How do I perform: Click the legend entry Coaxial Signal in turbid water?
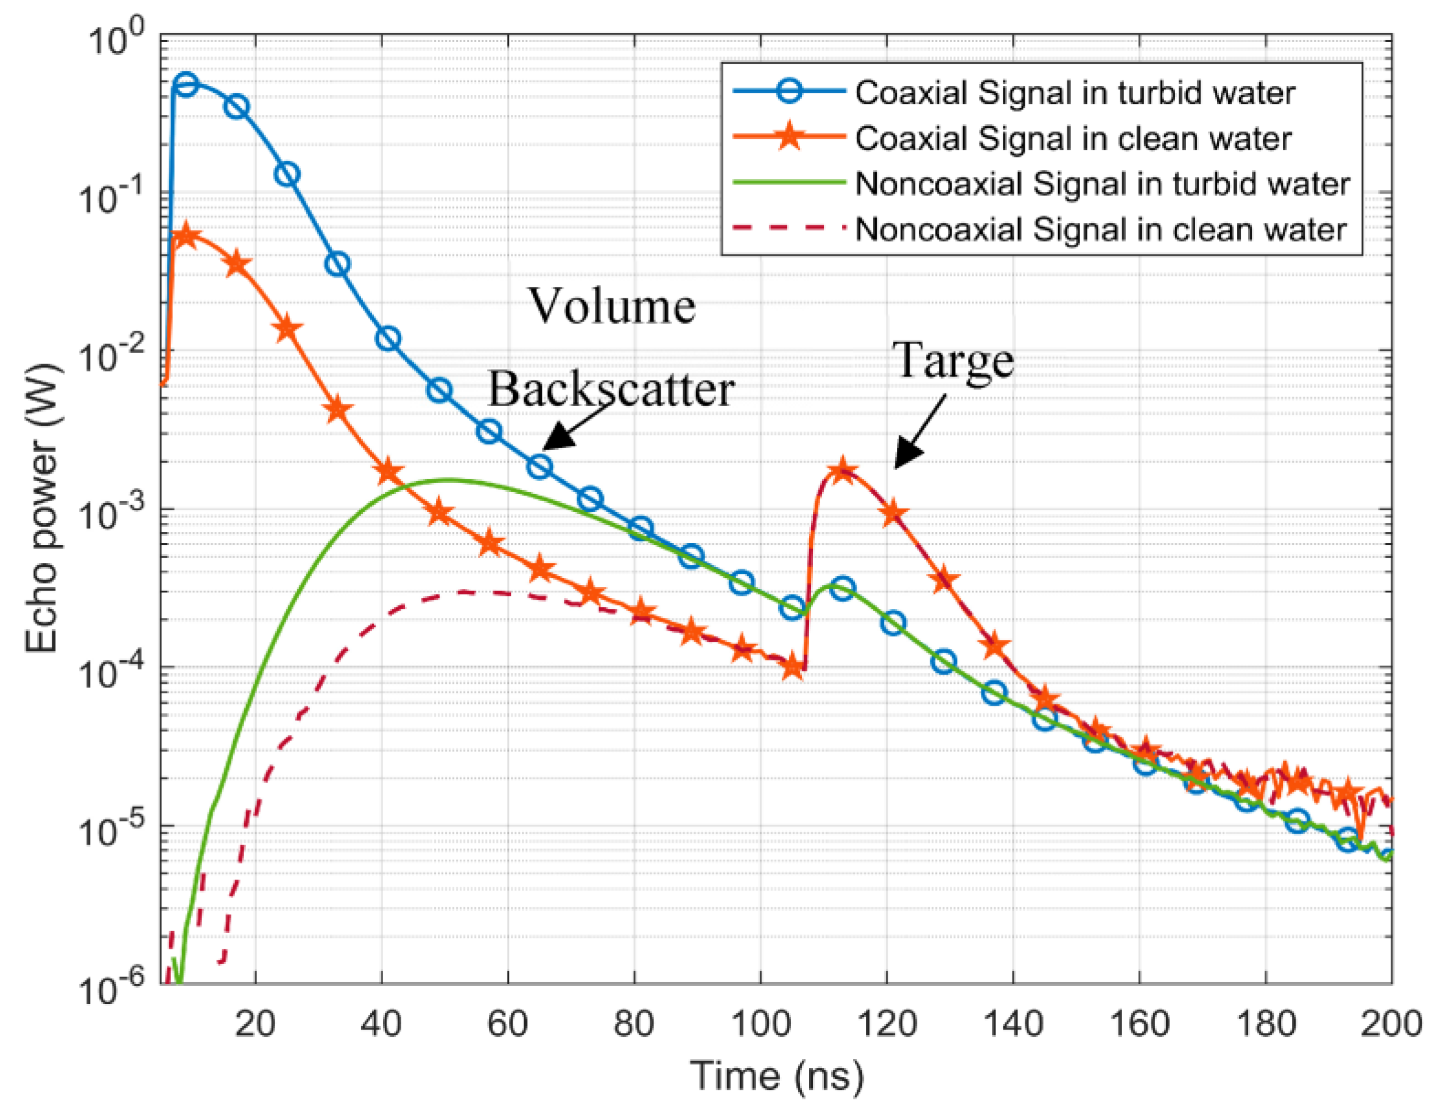pos(1074,93)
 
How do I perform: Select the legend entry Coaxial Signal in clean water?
pos(1073,138)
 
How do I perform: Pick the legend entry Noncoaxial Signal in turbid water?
pos(1101,184)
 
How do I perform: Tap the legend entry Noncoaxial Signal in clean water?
pos(1100,230)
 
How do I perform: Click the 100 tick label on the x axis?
pos(760,1024)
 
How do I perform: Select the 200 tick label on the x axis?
pos(1390,1024)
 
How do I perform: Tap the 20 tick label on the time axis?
pos(255,1024)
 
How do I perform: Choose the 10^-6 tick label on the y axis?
pos(109,986)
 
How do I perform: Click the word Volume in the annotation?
pos(612,307)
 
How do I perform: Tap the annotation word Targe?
pos(953,360)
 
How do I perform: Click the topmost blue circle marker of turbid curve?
pos(186,83)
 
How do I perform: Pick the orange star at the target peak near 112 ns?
pos(841,471)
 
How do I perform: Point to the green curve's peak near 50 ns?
pos(448,480)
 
